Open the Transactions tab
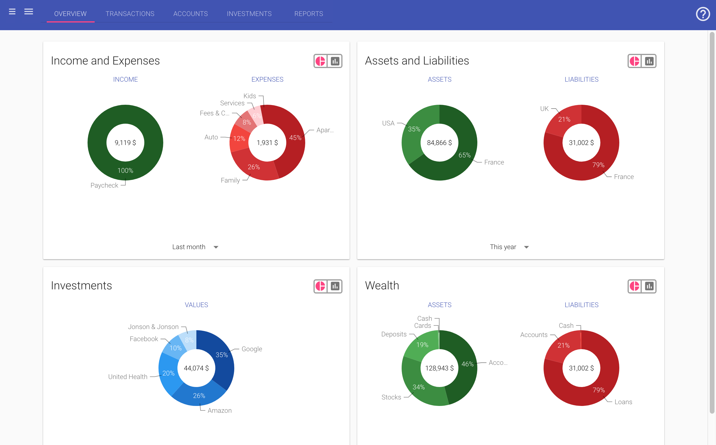point(130,14)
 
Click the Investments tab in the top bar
point(249,14)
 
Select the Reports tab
point(308,14)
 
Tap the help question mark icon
point(702,14)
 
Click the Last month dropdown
point(195,247)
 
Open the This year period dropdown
point(509,247)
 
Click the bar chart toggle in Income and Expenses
point(335,61)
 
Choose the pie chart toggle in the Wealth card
point(635,286)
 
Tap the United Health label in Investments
point(128,377)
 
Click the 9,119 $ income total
point(125,143)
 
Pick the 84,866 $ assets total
point(439,143)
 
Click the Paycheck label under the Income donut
point(104,185)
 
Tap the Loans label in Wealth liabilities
point(623,402)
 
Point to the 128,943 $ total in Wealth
point(439,368)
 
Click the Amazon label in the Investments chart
point(219,410)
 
